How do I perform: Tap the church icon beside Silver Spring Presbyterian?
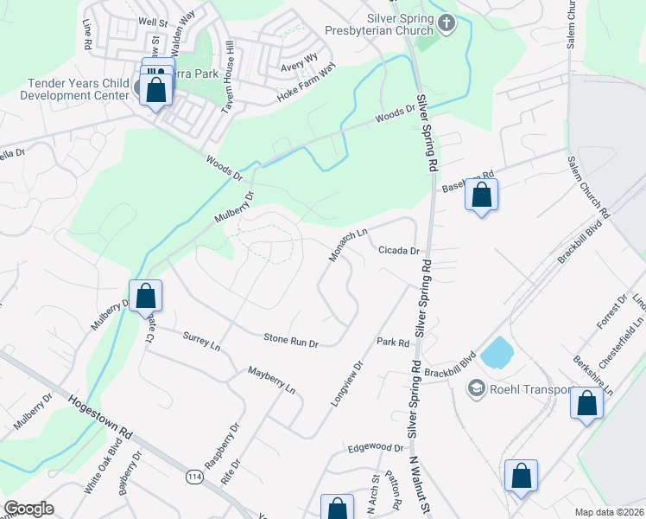click(446, 23)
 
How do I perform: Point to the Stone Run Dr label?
click(291, 341)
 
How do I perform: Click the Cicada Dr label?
click(398, 251)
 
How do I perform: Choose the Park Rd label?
click(392, 343)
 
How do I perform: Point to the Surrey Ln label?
click(202, 340)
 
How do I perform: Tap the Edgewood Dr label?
click(376, 448)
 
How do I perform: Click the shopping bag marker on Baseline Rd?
click(482, 196)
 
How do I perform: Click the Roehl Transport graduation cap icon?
click(475, 389)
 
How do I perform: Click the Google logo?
click(28, 509)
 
